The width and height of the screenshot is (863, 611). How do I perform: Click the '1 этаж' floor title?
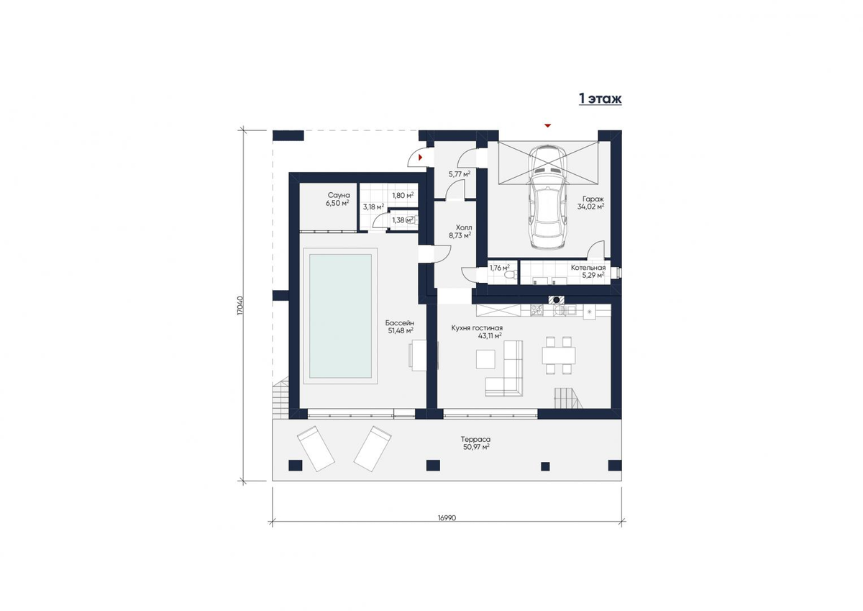point(601,99)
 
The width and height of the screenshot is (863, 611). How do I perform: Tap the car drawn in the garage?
point(547,196)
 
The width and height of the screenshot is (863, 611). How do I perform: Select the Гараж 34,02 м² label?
point(590,203)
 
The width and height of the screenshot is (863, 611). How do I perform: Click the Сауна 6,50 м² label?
point(337,199)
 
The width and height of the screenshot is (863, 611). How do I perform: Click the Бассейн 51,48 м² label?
point(400,326)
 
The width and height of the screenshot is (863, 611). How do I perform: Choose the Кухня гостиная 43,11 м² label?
point(477,332)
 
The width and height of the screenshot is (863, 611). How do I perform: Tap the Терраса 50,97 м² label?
point(476,443)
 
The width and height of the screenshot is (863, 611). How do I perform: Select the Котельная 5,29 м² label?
point(588,271)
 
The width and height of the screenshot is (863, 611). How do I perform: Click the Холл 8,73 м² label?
point(460,231)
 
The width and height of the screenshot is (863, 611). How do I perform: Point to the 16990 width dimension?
point(447,517)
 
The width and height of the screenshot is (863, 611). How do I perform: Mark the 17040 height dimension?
point(240,306)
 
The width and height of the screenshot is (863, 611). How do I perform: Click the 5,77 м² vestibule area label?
point(460,174)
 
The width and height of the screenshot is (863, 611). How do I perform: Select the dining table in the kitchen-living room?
point(559,355)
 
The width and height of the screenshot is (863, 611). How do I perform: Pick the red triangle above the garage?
point(547,125)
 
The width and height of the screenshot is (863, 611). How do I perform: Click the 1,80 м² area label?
point(403,196)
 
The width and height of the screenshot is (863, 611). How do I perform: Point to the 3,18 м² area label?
point(373,207)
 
